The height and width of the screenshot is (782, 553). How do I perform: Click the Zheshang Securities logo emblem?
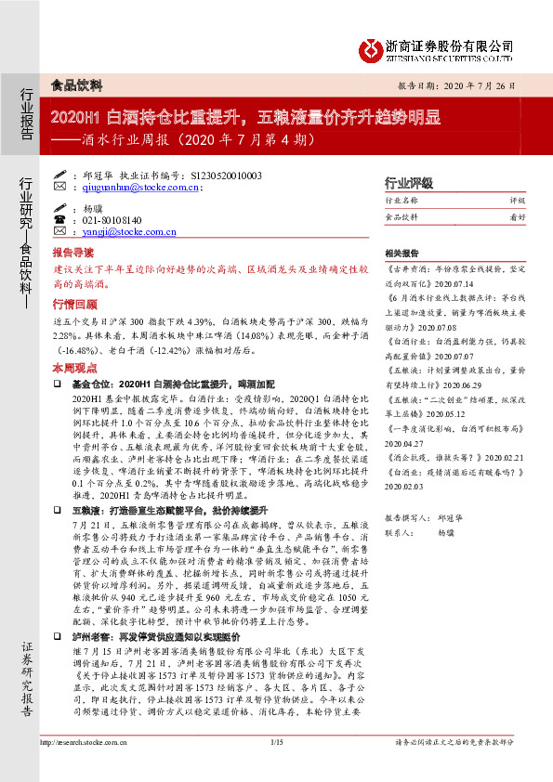(373, 49)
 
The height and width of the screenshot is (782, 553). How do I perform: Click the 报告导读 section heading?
(72, 252)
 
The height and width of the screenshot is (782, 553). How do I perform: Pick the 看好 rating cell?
(517, 216)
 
